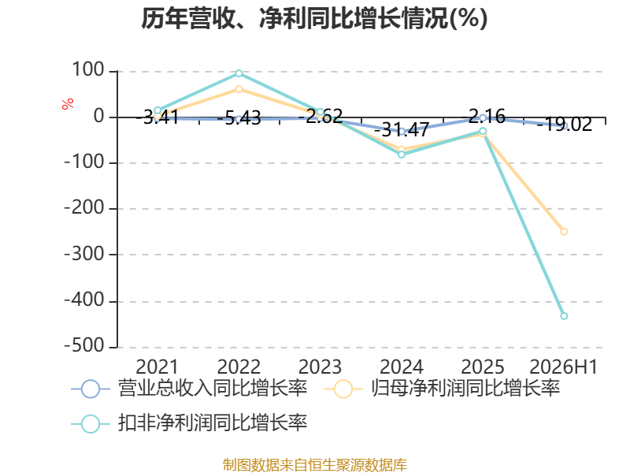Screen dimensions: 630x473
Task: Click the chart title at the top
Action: [x=314, y=18]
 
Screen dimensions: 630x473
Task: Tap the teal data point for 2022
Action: [x=239, y=73]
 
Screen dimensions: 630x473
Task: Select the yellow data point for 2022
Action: [x=239, y=89]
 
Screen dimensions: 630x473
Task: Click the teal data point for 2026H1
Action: [x=564, y=316]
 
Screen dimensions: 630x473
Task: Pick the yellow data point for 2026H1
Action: [x=564, y=232]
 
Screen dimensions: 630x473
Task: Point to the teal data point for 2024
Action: [x=402, y=155]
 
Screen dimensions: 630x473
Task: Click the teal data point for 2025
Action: [x=483, y=131]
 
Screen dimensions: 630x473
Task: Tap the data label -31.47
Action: [x=402, y=129]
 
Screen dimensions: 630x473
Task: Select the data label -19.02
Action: [x=564, y=125]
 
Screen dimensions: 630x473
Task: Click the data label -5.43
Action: [x=239, y=118]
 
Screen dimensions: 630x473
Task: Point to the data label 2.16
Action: [x=487, y=117]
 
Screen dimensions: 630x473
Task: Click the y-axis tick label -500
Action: [x=84, y=346]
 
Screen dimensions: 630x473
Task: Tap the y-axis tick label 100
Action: [x=88, y=70]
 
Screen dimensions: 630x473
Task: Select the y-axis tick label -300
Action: [x=84, y=254]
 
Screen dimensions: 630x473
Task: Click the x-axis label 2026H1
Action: [x=564, y=367]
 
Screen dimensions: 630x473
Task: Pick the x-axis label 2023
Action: [x=321, y=367]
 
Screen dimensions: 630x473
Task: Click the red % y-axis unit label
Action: [x=68, y=103]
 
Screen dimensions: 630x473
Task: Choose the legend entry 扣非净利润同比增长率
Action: [x=189, y=423]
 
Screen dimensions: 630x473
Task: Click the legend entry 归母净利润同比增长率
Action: [x=442, y=389]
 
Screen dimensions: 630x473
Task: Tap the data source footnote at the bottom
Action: [x=315, y=465]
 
